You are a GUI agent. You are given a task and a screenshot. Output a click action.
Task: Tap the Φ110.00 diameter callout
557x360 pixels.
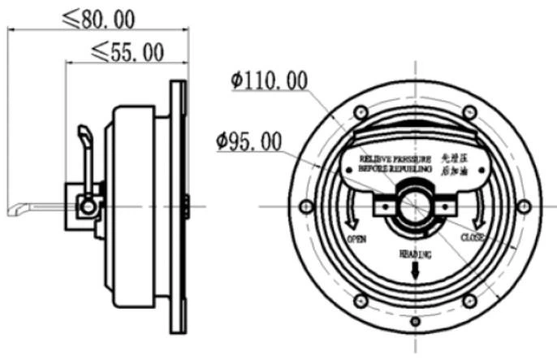269,80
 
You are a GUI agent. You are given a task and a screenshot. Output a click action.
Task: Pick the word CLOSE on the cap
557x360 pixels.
473,238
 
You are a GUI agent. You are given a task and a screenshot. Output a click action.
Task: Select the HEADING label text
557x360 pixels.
415,254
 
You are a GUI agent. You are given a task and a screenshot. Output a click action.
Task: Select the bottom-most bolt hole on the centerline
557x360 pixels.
415,322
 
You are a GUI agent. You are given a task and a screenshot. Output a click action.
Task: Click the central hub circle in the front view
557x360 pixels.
415,206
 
